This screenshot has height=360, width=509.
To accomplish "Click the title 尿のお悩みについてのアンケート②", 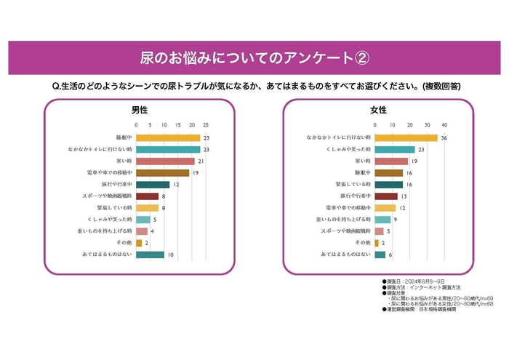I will (254, 57).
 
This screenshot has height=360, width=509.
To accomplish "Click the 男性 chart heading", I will (139, 111).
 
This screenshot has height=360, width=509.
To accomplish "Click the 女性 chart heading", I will (379, 111).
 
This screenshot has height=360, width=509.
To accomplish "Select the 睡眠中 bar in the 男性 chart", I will (168, 137).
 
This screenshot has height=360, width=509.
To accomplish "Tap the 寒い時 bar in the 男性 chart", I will (165, 161).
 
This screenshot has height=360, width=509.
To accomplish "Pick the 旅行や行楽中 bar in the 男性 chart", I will (153, 185).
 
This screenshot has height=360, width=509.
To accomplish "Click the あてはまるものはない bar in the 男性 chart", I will (150, 255).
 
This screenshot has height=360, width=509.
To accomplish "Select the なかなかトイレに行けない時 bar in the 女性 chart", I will (406, 137).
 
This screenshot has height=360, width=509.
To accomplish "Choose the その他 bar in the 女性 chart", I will (377, 243).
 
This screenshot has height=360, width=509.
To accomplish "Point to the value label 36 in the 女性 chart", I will (444, 137).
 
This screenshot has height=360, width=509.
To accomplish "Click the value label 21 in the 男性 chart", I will (201, 161).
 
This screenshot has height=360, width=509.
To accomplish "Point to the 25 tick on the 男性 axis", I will (206, 124).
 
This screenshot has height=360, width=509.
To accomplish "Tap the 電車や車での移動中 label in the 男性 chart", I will (108, 173).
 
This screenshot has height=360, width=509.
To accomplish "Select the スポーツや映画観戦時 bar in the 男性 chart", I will (147, 196).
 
